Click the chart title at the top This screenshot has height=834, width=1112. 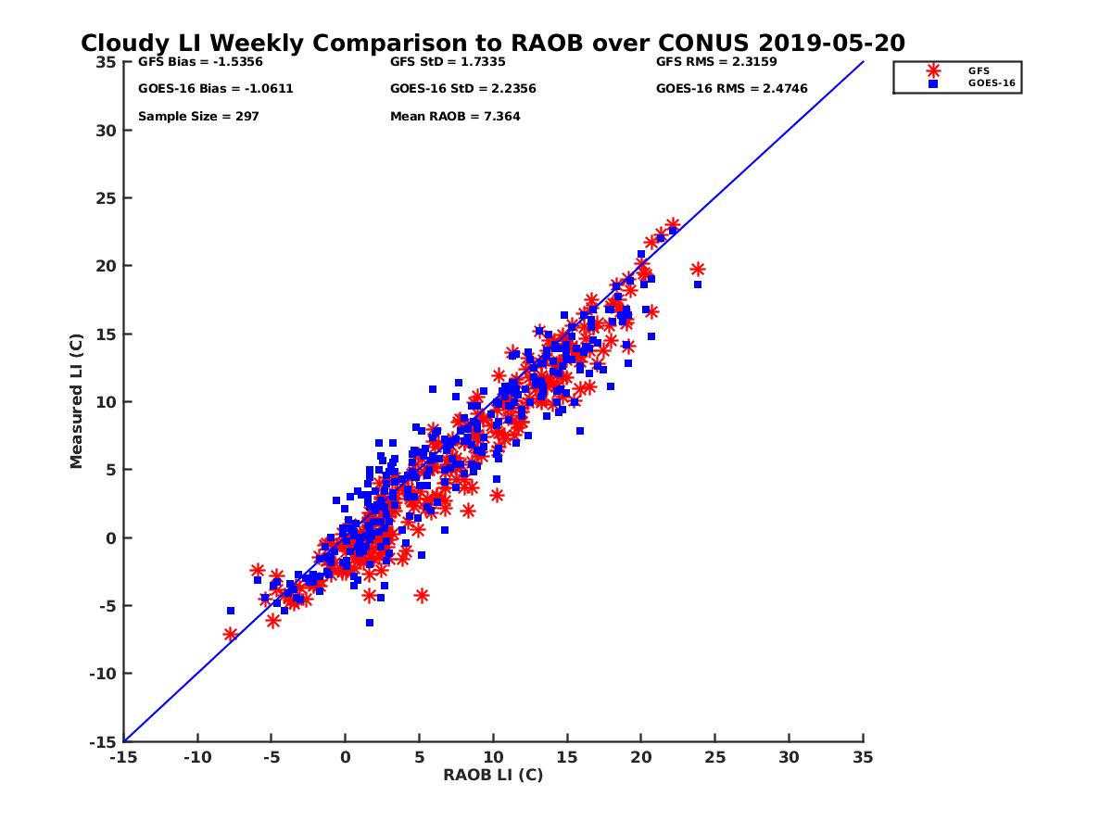click(492, 44)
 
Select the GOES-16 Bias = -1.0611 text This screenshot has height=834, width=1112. click(203, 89)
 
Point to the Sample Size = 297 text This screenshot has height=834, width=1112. click(198, 117)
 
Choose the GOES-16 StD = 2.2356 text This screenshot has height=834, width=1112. click(463, 89)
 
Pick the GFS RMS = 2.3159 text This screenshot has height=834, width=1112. click(716, 62)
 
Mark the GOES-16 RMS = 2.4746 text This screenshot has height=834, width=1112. click(731, 89)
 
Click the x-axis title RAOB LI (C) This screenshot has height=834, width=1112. click(493, 775)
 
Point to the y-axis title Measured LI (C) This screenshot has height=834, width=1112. click(76, 401)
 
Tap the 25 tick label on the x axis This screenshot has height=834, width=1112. click(715, 757)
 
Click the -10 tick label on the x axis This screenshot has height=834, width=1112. click(196, 757)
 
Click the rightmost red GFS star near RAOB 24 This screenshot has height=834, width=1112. click(698, 270)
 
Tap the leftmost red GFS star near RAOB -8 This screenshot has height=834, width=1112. click(231, 635)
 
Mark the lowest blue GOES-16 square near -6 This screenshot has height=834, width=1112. click(370, 623)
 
